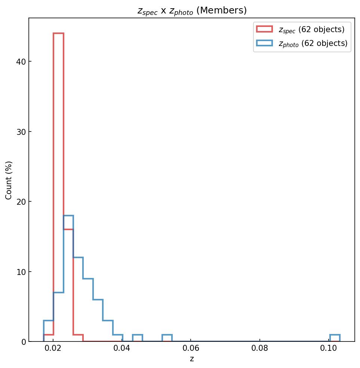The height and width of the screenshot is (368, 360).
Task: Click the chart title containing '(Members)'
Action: (x=192, y=10)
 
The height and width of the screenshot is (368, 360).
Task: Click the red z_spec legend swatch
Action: (x=264, y=29)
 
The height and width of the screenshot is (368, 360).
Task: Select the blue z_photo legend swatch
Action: (x=264, y=43)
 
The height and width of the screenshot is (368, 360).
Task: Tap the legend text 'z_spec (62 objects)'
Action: (x=311, y=30)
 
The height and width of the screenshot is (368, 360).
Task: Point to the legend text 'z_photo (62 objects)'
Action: (x=313, y=44)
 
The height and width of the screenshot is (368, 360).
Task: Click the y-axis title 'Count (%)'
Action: (x=9, y=180)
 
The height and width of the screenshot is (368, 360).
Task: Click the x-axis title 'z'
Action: (x=192, y=359)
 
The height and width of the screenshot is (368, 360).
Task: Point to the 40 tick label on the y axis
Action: (x=21, y=62)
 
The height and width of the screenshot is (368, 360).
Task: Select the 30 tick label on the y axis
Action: (x=21, y=132)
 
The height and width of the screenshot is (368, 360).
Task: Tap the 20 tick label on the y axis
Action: (x=21, y=202)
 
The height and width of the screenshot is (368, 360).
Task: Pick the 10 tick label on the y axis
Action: (x=21, y=272)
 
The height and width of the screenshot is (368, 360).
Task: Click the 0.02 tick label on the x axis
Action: (x=53, y=350)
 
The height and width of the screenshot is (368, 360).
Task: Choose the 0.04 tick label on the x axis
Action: (x=122, y=350)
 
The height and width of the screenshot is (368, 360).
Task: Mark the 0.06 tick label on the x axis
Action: (x=191, y=350)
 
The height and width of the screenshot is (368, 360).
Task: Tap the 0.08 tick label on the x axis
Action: (x=260, y=350)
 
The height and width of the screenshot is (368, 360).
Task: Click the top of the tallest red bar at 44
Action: (x=58, y=33)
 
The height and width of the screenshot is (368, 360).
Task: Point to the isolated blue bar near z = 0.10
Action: (x=335, y=338)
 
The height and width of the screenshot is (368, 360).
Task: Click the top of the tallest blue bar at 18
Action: (x=68, y=216)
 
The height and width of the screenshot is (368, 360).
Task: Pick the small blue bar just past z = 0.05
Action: (x=167, y=338)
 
